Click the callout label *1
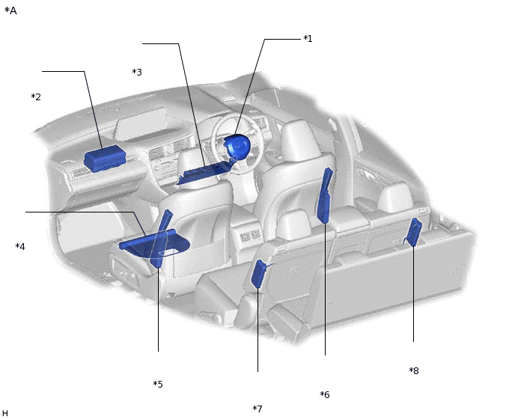308,39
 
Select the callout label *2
36,97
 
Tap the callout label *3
137,72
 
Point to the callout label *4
20,246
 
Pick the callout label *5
158,384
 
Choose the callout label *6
325,394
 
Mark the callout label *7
257,409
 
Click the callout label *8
414,370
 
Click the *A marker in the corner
10,10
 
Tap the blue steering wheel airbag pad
237,147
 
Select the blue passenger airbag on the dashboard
105,159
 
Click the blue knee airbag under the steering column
207,171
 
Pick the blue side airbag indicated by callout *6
325,196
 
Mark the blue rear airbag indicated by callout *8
414,232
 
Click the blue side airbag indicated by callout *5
162,239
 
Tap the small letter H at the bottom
5,413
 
